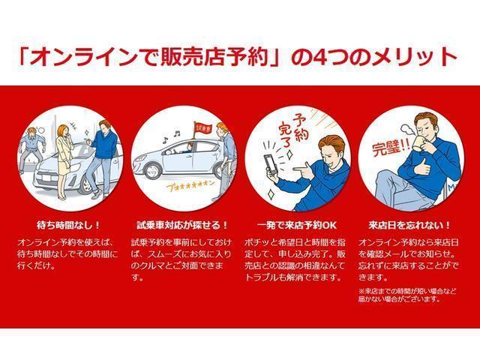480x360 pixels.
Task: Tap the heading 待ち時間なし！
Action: tap(68, 224)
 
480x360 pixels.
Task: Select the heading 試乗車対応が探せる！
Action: tap(182, 224)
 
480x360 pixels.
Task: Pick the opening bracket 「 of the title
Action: tap(29, 57)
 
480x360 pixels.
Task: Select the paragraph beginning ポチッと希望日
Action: tap(295, 259)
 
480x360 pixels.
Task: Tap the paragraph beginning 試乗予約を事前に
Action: tap(182, 259)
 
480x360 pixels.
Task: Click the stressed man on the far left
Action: tap(30, 150)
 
